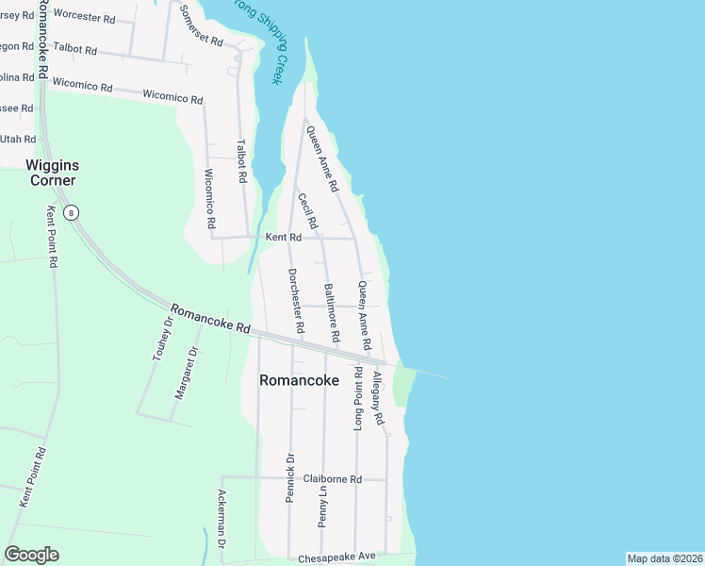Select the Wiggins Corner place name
(x=50, y=173)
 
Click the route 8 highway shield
(x=72, y=212)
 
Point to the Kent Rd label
(x=283, y=238)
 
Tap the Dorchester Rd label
(x=296, y=301)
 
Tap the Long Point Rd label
(x=358, y=399)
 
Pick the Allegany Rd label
(x=378, y=397)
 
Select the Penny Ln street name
(x=323, y=506)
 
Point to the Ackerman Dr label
(x=223, y=520)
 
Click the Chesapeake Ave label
(x=336, y=557)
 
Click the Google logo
(x=31, y=555)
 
